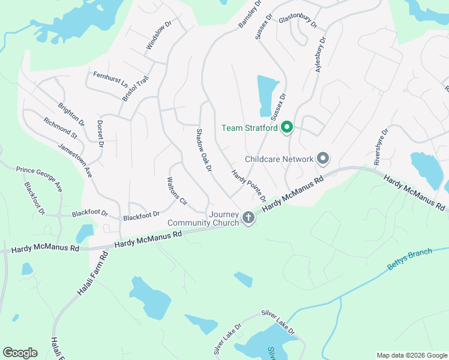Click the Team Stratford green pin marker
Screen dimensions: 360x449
click(287, 127)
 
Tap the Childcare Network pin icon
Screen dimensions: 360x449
click(323, 159)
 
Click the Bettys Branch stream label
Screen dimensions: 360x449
click(410, 258)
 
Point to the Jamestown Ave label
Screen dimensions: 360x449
click(75, 159)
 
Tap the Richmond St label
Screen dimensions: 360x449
click(60, 128)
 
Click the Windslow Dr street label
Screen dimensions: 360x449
click(159, 36)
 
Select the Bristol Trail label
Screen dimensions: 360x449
click(135, 88)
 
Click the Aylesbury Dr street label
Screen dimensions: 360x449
click(321, 55)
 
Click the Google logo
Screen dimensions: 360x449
click(20, 353)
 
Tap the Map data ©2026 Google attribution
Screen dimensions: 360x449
click(411, 355)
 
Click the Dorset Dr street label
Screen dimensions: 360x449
click(100, 134)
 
